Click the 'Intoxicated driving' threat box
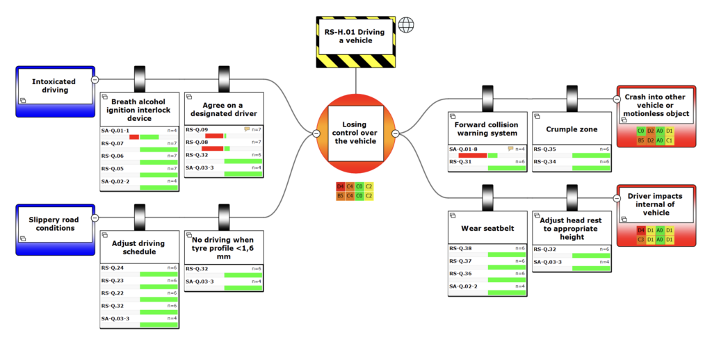pyautogui.click(x=54, y=87)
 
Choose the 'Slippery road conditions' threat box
pyautogui.click(x=54, y=224)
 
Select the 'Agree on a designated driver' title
pyautogui.click(x=224, y=108)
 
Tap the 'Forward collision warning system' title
pyautogui.click(x=487, y=129)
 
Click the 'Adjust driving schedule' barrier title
pyautogui.click(x=139, y=247)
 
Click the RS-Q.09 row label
pyautogui.click(x=197, y=130)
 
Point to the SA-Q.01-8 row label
pyautogui.click(x=463, y=149)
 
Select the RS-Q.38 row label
pyautogui.click(x=460, y=248)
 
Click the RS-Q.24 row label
pyautogui.click(x=113, y=268)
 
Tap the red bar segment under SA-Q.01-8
pyautogui.click(x=473, y=156)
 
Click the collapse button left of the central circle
pyautogui.click(x=316, y=133)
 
